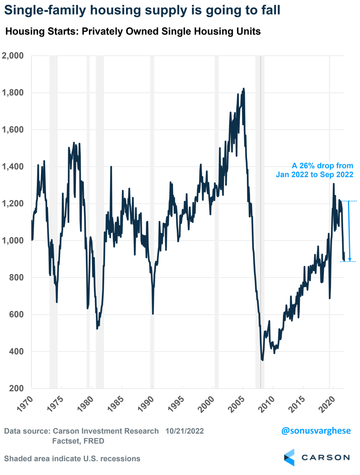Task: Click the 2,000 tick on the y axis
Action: pos(13,56)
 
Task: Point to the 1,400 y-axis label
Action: pos(13,167)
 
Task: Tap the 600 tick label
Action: pos(16,315)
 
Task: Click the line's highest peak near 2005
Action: pos(244,89)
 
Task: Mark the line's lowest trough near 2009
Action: pos(262,360)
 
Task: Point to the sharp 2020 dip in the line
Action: pos(330,297)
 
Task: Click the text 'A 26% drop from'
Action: pos(322,166)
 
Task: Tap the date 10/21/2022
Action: pos(184,431)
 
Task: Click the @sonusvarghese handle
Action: pos(316,431)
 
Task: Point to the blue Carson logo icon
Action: pos(289,457)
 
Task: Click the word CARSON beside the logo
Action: pos(325,458)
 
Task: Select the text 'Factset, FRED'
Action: pos(78,441)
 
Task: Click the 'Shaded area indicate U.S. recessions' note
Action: pos(72,459)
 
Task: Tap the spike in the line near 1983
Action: pos(111,167)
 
